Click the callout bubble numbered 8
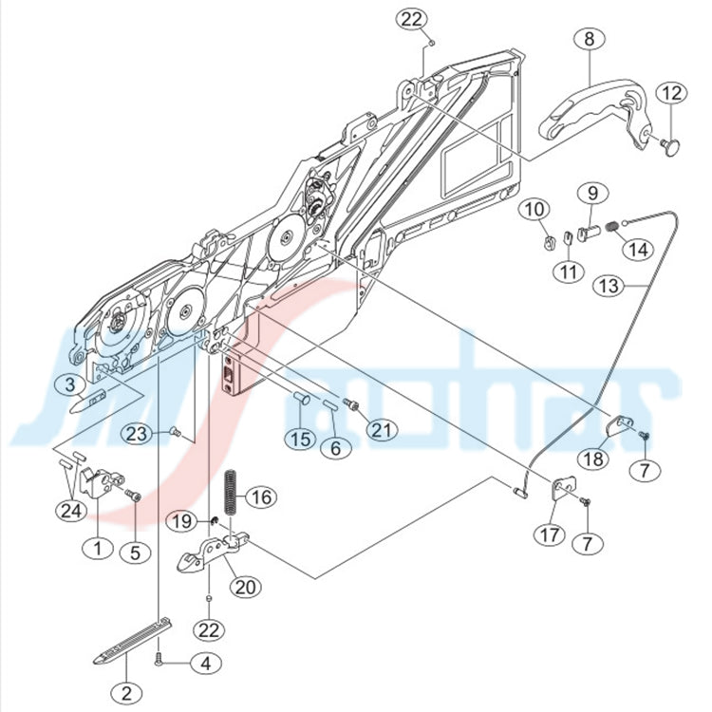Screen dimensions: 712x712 [589, 39]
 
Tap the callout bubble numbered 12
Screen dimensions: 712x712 [672, 93]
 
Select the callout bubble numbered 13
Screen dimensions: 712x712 [609, 286]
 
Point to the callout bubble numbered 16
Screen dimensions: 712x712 [261, 497]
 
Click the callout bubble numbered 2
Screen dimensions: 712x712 [126, 693]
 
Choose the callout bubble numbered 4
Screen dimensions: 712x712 [206, 664]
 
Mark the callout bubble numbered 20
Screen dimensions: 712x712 [246, 587]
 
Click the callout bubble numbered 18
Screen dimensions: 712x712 [593, 459]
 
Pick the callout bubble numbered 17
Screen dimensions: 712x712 [550, 534]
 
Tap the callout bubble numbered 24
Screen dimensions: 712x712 [71, 511]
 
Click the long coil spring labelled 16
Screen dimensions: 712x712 [232, 492]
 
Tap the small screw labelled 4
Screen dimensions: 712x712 [159, 657]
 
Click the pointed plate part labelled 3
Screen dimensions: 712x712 [88, 401]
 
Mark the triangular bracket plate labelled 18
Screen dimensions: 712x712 [620, 424]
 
